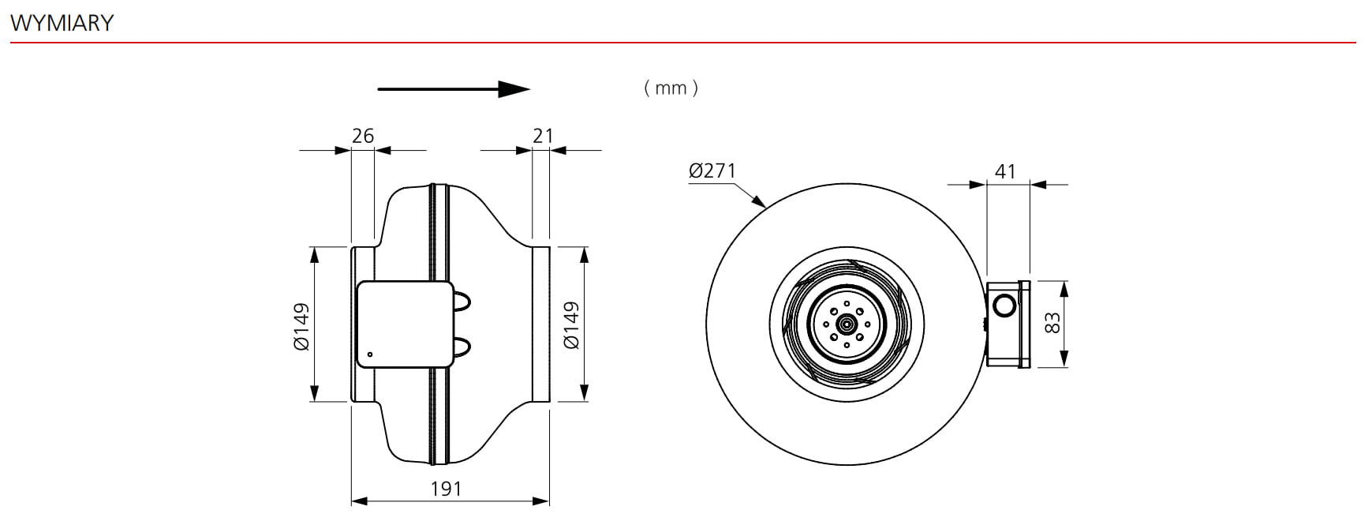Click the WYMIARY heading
[x=62, y=23]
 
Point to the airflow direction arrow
[x=453, y=89]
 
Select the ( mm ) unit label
[x=671, y=88]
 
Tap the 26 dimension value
[x=363, y=136]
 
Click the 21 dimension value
[x=543, y=136]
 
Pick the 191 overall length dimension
[x=446, y=489]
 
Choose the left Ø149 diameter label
[x=301, y=326]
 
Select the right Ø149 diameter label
[x=571, y=325]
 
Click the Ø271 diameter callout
[x=712, y=171]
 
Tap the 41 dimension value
[x=1005, y=171]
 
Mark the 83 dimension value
[x=1052, y=323]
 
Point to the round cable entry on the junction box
[x=1005, y=304]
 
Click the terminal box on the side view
[x=404, y=324]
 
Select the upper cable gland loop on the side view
[x=462, y=300]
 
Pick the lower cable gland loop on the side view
[x=462, y=345]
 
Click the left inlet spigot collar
[x=363, y=324]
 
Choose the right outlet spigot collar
[x=541, y=324]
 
